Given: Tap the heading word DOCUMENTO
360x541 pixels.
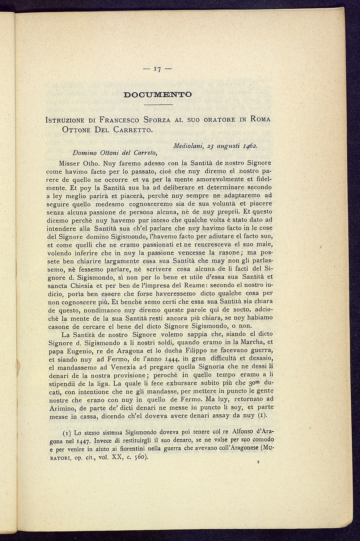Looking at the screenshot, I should (157, 95).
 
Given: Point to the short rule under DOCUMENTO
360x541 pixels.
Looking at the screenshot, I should (158, 105).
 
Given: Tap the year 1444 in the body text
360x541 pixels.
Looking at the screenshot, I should (169, 359).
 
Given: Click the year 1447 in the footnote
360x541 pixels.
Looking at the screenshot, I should (83, 441).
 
